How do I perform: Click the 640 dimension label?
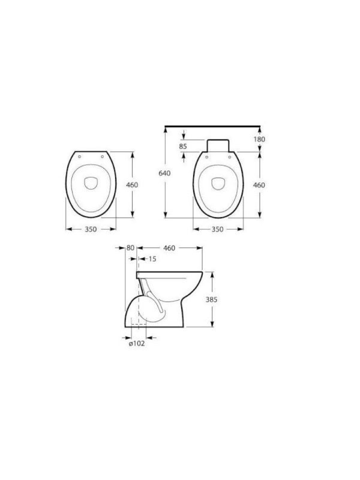point(164,173)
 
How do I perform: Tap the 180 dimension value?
point(259,139)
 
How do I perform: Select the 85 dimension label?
point(183,146)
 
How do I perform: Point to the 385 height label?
point(211,299)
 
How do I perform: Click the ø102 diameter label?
point(137,343)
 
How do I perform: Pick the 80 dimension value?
point(130,248)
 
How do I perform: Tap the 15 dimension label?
point(152,259)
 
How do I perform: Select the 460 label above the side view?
point(169,248)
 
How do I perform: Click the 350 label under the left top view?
point(91,229)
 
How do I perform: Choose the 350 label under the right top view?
point(217,229)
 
